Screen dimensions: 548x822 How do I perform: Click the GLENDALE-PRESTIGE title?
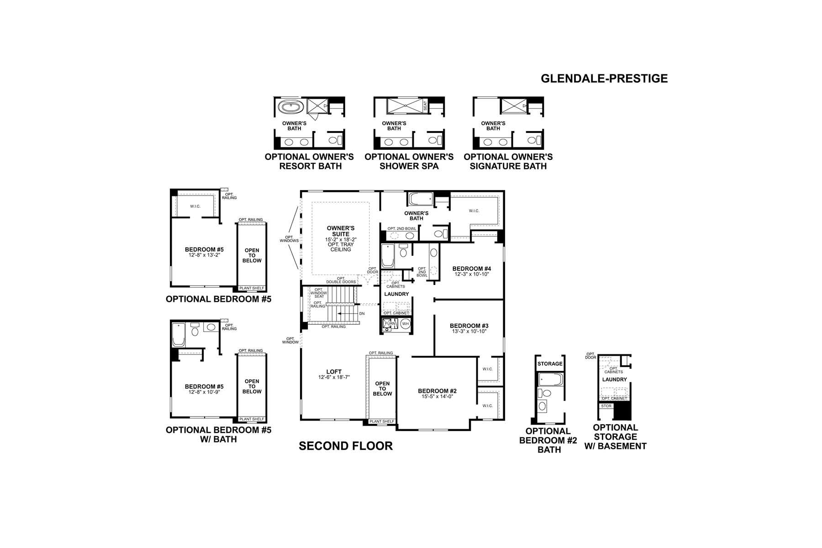(x=604, y=79)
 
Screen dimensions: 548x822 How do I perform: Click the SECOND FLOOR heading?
(x=346, y=446)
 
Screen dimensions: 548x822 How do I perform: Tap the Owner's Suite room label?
(x=341, y=231)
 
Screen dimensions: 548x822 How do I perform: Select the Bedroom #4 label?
(x=471, y=269)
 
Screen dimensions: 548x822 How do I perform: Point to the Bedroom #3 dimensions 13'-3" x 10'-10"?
(x=469, y=332)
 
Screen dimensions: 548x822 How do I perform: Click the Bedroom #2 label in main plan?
(x=437, y=391)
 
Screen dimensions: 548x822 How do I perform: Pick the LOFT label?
(x=334, y=372)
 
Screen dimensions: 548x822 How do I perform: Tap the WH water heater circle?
(x=405, y=324)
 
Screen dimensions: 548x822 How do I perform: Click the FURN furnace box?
(x=390, y=324)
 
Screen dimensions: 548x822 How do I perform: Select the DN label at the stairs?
(x=362, y=314)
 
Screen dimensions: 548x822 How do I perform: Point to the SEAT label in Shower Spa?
(x=425, y=106)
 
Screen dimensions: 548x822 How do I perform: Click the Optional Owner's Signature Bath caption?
(x=508, y=162)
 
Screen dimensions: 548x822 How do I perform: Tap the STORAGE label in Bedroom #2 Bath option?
(x=550, y=364)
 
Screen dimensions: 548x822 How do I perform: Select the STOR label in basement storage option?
(x=606, y=406)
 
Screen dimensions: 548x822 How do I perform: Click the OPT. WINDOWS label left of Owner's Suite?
(x=289, y=239)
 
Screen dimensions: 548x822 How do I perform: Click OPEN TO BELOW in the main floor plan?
(x=382, y=389)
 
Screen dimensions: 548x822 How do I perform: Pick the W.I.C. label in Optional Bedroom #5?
(x=195, y=206)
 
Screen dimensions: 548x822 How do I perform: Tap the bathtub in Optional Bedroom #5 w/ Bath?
(x=179, y=335)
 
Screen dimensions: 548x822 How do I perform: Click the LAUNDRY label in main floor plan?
(x=396, y=294)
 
